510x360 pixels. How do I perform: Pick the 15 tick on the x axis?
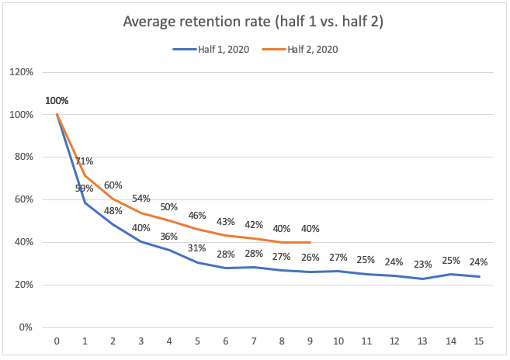pyautogui.click(x=479, y=341)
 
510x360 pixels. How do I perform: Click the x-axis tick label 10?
pyautogui.click(x=338, y=341)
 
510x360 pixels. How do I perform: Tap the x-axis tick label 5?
pyautogui.click(x=198, y=341)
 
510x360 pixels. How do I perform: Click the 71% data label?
pyautogui.click(x=85, y=161)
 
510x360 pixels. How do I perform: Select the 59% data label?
pyautogui.click(x=85, y=189)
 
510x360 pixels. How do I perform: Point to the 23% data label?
pyautogui.click(x=422, y=263)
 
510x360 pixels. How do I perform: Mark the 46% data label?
pyautogui.click(x=197, y=215)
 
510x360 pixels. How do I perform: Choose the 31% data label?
pyautogui.click(x=197, y=248)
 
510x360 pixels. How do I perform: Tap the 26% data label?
pyautogui.click(x=310, y=258)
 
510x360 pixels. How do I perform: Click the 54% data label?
pyautogui.click(x=141, y=199)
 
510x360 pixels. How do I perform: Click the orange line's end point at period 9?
pyautogui.click(x=310, y=242)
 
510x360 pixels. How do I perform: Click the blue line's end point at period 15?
pyautogui.click(x=479, y=276)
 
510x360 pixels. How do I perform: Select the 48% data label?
pyautogui.click(x=113, y=210)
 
